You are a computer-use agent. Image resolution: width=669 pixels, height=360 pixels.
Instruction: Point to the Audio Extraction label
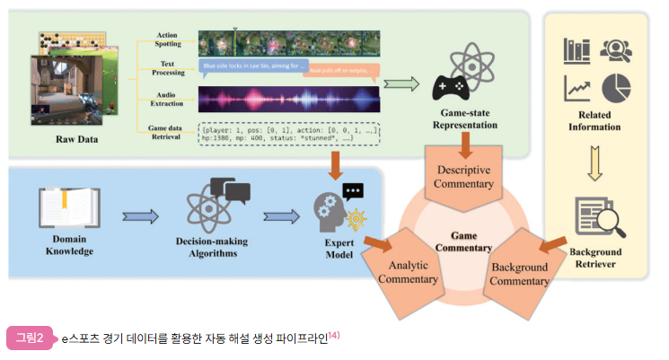[168, 98]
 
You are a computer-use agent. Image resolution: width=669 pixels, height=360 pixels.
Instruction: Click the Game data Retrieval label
[168, 133]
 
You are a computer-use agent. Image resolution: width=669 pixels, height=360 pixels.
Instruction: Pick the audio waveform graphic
[288, 98]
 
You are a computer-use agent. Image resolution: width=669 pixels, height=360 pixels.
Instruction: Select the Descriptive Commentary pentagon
[465, 178]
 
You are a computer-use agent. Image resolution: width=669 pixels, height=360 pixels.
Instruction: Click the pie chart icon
[616, 87]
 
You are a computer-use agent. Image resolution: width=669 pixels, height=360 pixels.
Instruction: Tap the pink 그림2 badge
[30, 338]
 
